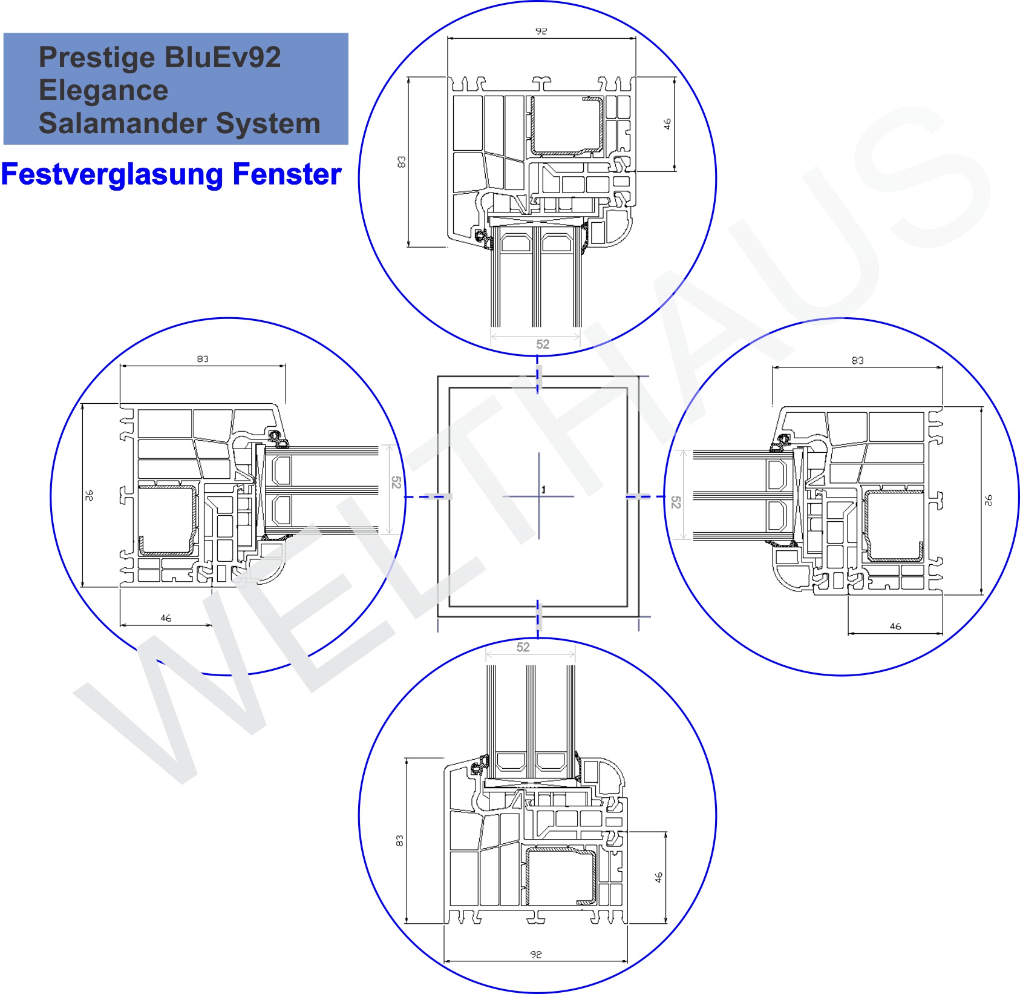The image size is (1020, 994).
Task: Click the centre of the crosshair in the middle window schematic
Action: pyautogui.click(x=539, y=496)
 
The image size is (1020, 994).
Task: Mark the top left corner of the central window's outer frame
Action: pyautogui.click(x=438, y=377)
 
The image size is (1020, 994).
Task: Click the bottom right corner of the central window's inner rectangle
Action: pyautogui.click(x=627, y=607)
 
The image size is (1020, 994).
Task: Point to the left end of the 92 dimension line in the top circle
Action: pyautogui.click(x=448, y=38)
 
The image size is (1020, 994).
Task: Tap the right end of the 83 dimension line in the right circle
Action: pyautogui.click(x=942, y=367)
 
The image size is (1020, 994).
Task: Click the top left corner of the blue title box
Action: pyautogui.click(x=4, y=33)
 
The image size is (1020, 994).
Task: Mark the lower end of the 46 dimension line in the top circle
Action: pyautogui.click(x=675, y=171)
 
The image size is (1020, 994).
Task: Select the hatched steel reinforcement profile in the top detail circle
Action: pyautogui.click(x=567, y=127)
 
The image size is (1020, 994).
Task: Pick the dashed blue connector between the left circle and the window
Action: pyautogui.click(x=428, y=496)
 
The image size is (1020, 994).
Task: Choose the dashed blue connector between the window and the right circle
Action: pyautogui.click(x=646, y=496)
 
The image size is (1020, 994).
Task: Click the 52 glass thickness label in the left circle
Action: pyautogui.click(x=396, y=482)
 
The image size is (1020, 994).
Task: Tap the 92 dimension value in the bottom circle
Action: pyautogui.click(x=536, y=954)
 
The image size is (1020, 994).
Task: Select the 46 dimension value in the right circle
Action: pyautogui.click(x=895, y=626)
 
